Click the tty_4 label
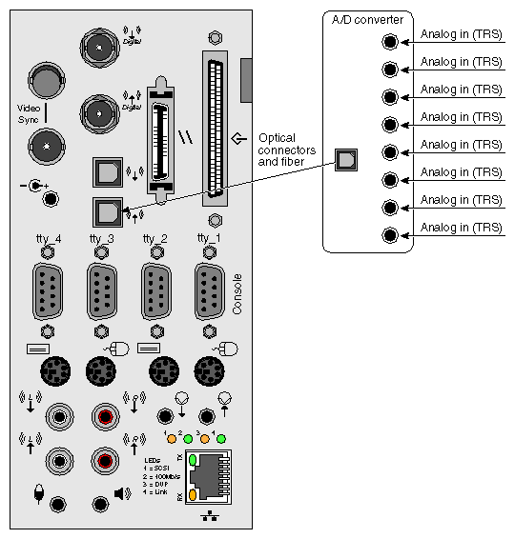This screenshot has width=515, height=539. (x=47, y=238)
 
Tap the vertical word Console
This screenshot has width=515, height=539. (x=237, y=294)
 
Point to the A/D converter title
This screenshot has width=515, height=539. (x=367, y=19)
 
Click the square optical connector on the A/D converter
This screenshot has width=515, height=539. (x=344, y=160)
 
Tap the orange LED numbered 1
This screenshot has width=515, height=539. (x=172, y=439)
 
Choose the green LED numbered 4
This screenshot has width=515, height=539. (x=221, y=439)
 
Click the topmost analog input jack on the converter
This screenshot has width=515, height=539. (x=389, y=41)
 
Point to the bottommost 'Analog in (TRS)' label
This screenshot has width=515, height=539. (x=461, y=229)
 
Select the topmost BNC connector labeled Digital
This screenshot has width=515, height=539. (x=96, y=45)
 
